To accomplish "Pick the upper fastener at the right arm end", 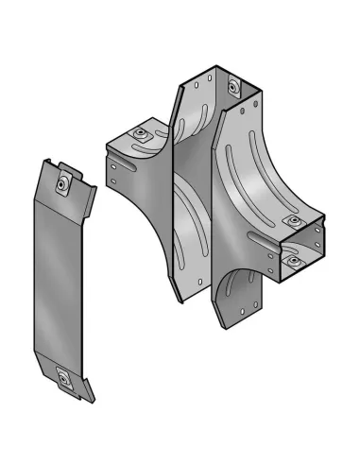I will [x=294, y=223].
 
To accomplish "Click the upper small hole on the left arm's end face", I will [x=113, y=170].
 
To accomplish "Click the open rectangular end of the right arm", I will [x=300, y=248].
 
